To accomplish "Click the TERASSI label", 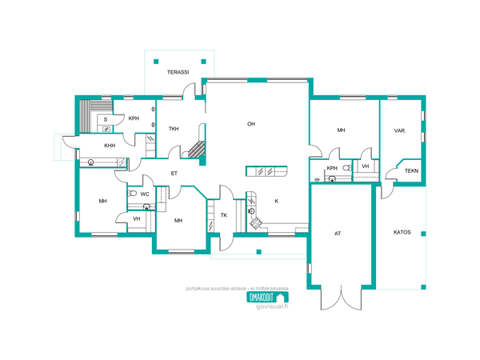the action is [178, 72].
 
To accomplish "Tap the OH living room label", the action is [251, 124].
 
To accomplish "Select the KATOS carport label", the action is [402, 232].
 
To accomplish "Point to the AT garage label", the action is [338, 234].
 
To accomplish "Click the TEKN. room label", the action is [412, 171].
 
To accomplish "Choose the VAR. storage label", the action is [400, 130].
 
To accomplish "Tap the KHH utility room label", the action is [110, 146].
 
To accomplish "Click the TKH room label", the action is [174, 129].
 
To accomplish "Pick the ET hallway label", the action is [174, 174].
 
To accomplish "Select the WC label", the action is [145, 194].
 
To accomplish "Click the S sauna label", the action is [106, 120].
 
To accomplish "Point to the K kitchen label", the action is [277, 201].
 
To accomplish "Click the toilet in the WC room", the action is [132, 193].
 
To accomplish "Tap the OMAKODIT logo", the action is [267, 298].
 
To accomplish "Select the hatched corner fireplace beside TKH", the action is [197, 149].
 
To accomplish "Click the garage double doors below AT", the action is [341, 298].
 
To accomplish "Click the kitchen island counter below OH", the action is [266, 171].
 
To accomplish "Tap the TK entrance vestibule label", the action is [224, 215].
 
